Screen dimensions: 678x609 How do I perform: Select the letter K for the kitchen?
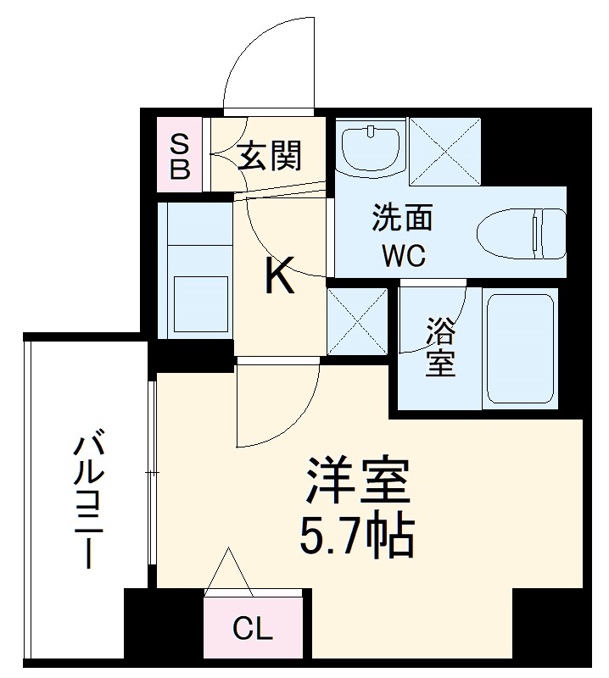click(x=279, y=276)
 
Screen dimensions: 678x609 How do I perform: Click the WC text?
click(x=404, y=255)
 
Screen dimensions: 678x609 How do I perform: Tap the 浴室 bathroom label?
click(x=439, y=345)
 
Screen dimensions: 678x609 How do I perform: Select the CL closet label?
click(x=252, y=629)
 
